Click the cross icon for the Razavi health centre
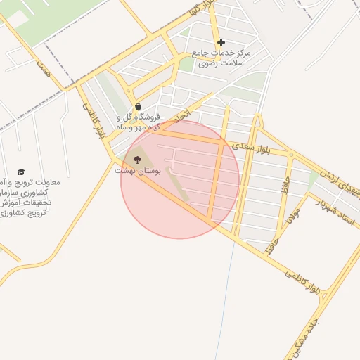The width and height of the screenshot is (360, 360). click(x=221, y=42)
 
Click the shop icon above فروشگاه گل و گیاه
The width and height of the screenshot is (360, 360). click(x=138, y=107)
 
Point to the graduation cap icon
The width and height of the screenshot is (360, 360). click(x=21, y=172)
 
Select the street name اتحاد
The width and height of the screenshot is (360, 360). click(x=182, y=113)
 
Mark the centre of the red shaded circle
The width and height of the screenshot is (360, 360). click(x=180, y=179)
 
